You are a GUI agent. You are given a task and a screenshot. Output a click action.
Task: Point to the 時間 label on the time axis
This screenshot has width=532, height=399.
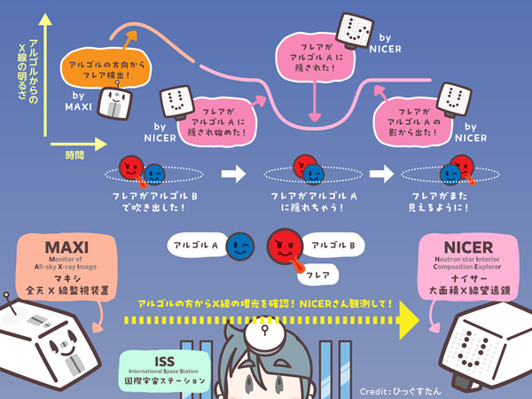coord(75,154)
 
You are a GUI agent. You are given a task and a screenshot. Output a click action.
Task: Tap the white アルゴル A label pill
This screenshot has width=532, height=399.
coord(196,243)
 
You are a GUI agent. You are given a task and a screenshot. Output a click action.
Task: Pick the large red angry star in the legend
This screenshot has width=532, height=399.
coord(285,247)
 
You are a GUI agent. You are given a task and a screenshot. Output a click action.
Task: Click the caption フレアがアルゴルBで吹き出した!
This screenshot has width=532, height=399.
coord(144,199)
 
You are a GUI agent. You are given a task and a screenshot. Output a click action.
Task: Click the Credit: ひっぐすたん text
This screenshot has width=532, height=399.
coord(437,389)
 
